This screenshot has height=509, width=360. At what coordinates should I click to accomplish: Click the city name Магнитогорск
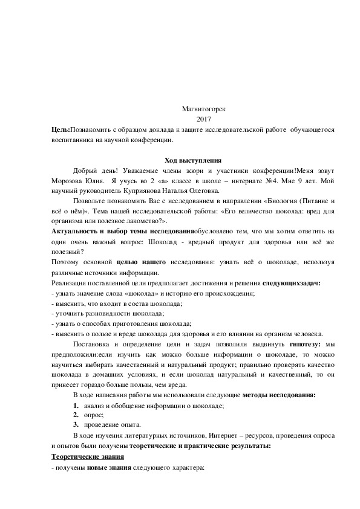203,109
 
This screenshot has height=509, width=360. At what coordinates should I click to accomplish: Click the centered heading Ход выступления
193,160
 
